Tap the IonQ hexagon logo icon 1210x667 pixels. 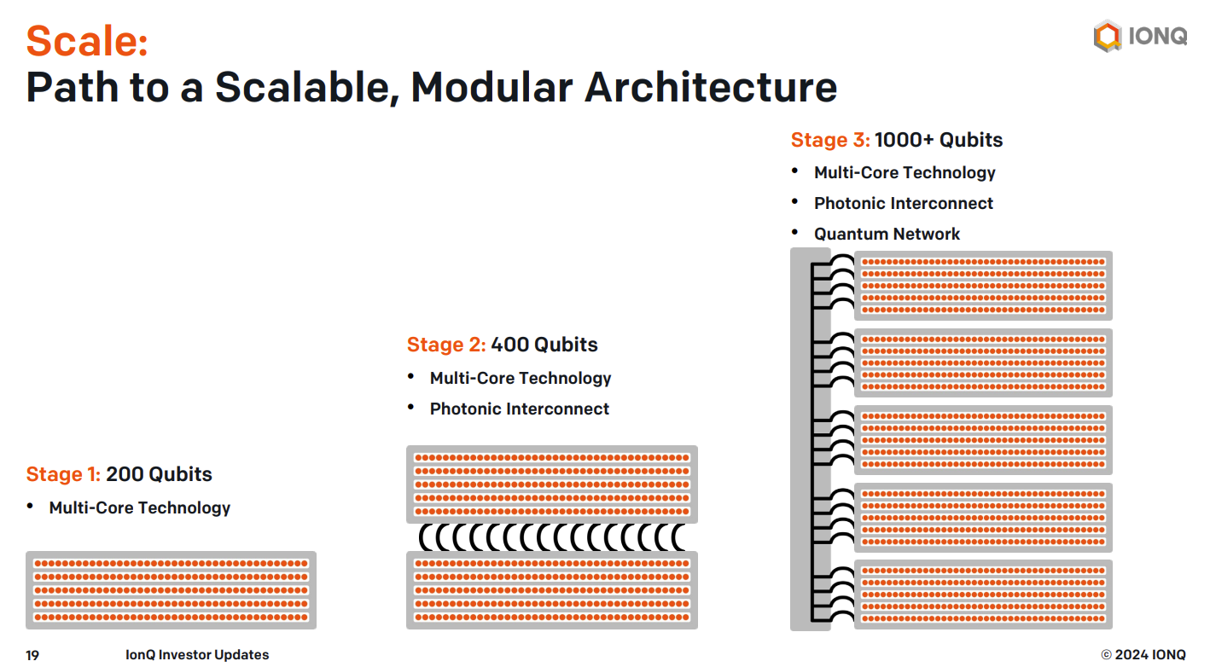coord(1108,36)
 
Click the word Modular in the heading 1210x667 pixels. coord(492,87)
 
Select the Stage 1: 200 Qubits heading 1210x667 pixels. coord(119,473)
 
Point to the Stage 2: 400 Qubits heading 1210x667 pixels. coord(502,344)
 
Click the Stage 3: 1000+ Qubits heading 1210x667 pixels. coord(897,139)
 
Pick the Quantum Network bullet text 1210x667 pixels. coord(887,234)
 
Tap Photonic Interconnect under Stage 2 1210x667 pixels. coord(519,409)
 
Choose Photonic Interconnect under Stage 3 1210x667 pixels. coord(904,203)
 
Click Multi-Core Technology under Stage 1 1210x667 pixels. coord(139,507)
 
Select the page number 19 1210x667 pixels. coord(32,655)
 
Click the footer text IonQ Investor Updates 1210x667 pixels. coord(197,654)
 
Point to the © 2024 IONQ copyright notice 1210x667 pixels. coord(1143,654)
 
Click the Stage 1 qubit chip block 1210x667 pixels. coord(172,589)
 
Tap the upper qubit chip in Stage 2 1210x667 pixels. coord(552,484)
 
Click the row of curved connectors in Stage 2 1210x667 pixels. coord(552,537)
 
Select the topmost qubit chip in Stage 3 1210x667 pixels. coord(983,285)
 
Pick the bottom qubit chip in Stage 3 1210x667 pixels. coord(983,594)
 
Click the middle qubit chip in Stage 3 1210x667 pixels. coord(983,439)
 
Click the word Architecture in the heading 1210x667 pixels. coord(711,87)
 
